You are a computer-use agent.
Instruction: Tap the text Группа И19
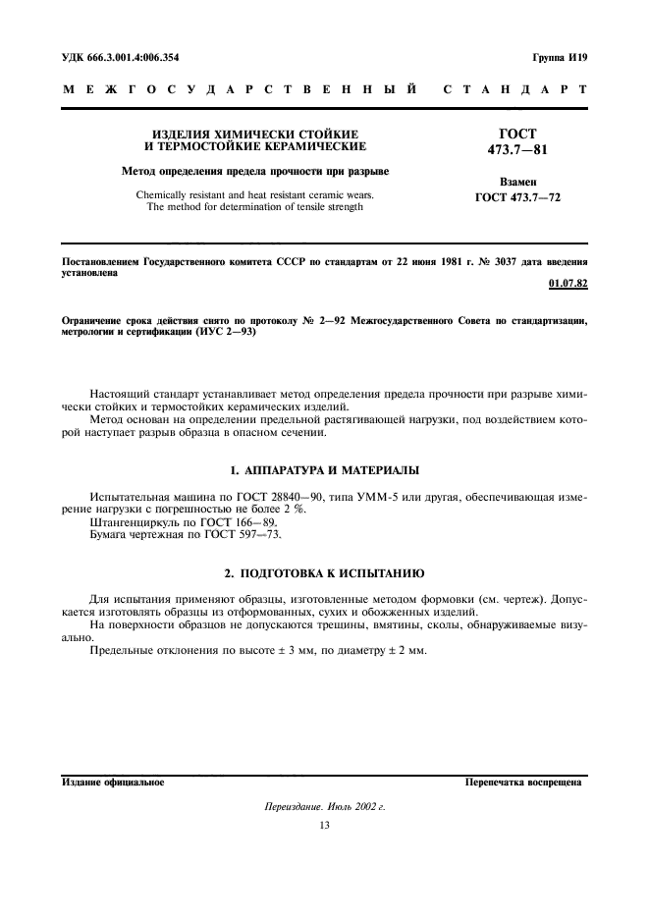(561, 57)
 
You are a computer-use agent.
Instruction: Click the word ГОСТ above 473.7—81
(518, 134)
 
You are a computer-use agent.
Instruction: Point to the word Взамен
(518, 184)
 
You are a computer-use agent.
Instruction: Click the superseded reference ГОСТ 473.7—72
(518, 198)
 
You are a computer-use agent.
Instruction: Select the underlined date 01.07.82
(568, 285)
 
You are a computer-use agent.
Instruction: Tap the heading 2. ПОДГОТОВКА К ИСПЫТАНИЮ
(324, 571)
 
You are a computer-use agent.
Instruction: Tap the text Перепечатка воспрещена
(524, 784)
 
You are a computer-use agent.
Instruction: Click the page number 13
(324, 826)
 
